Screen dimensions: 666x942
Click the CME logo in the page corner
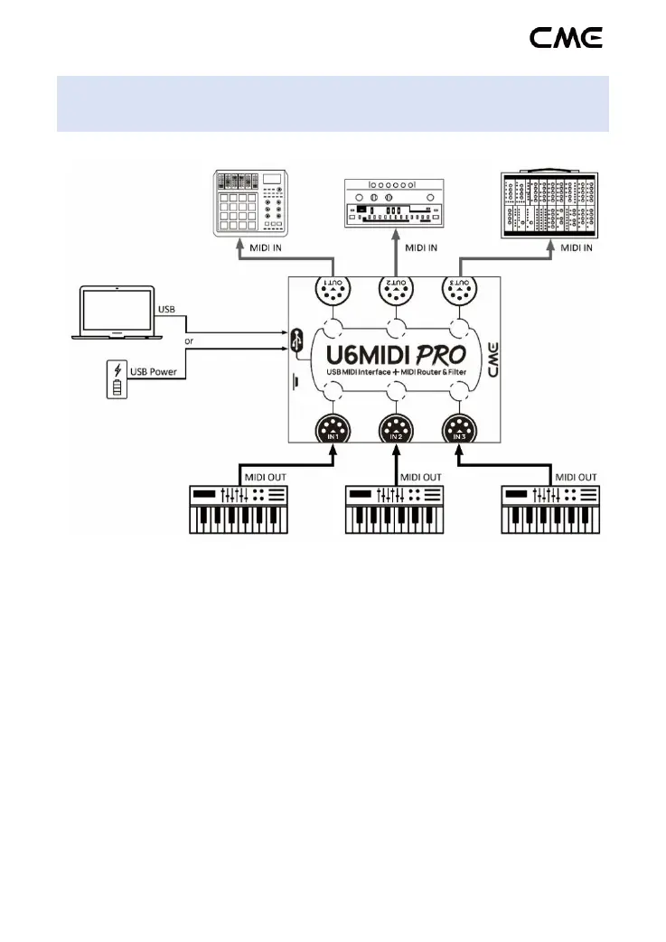tap(566, 37)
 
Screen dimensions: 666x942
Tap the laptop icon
tap(117, 312)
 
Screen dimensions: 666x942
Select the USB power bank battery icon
tap(117, 379)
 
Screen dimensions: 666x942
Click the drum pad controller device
tap(250, 203)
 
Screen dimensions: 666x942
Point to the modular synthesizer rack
tap(549, 204)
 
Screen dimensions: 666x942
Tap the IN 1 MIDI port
tap(333, 428)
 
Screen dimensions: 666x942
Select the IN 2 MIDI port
tap(396, 428)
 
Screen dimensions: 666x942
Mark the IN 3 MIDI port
tap(459, 428)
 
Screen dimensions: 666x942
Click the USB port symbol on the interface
tap(295, 340)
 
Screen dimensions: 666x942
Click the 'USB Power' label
tap(154, 372)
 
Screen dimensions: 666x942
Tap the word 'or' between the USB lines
tap(189, 341)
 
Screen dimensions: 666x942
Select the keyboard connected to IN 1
tap(239, 510)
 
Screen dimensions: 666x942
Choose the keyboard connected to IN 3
tap(550, 510)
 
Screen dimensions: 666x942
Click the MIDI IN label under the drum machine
tap(265, 247)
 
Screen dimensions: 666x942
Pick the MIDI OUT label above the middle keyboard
tap(421, 477)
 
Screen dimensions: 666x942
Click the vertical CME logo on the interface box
tap(492, 359)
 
